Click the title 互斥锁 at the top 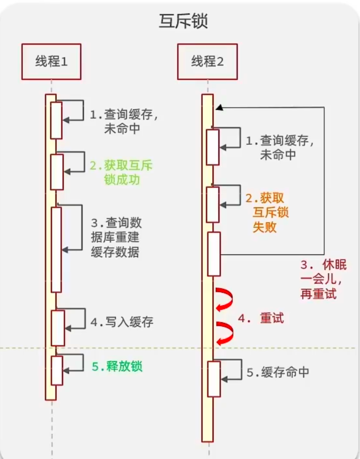pos(183,22)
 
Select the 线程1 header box pos(51,61)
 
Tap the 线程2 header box pos(207,61)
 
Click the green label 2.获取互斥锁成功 pos(121,173)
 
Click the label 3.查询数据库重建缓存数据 pos(116,237)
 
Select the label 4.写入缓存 pos(122,322)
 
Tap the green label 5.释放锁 pos(117,366)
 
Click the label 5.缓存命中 pos(278,372)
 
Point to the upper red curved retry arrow pos(224,299)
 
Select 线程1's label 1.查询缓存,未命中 pos(124,121)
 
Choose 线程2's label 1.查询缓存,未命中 pos(280,147)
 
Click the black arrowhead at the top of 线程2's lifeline pos(218,108)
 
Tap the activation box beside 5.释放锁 pos(56,370)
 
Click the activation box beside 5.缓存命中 pos(214,379)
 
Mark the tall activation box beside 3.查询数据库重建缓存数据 pos(56,249)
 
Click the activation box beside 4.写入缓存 pos(57,328)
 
